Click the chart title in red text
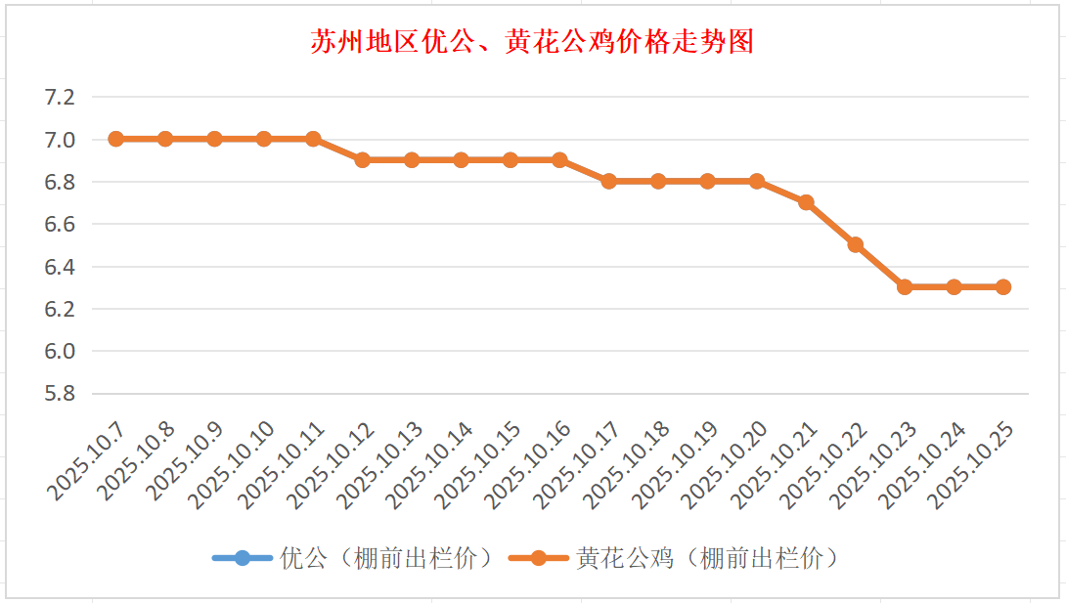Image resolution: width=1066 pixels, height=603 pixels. point(532,42)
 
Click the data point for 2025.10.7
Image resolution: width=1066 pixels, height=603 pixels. point(116,139)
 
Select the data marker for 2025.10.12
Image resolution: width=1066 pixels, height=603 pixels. point(363,159)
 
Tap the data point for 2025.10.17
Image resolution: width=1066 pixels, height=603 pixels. point(609,181)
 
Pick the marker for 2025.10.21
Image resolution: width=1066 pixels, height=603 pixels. point(806,202)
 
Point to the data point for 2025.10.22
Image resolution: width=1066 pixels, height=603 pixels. point(856,244)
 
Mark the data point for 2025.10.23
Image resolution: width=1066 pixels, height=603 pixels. point(905,286)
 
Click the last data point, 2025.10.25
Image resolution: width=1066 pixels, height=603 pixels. point(1003,286)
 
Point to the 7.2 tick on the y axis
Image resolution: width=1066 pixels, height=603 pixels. point(60,97)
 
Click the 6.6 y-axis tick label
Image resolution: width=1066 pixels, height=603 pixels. point(60,224)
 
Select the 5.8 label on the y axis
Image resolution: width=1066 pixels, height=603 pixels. point(60,394)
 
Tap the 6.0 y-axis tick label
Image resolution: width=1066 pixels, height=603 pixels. point(60,351)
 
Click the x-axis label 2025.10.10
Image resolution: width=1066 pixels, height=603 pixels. point(231,465)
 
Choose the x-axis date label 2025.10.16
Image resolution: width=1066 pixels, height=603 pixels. point(527,465)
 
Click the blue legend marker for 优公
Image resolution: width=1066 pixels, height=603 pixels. point(243,558)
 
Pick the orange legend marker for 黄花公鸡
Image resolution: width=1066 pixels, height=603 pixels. point(538,558)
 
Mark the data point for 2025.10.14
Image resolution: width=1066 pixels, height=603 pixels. point(462,159)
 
